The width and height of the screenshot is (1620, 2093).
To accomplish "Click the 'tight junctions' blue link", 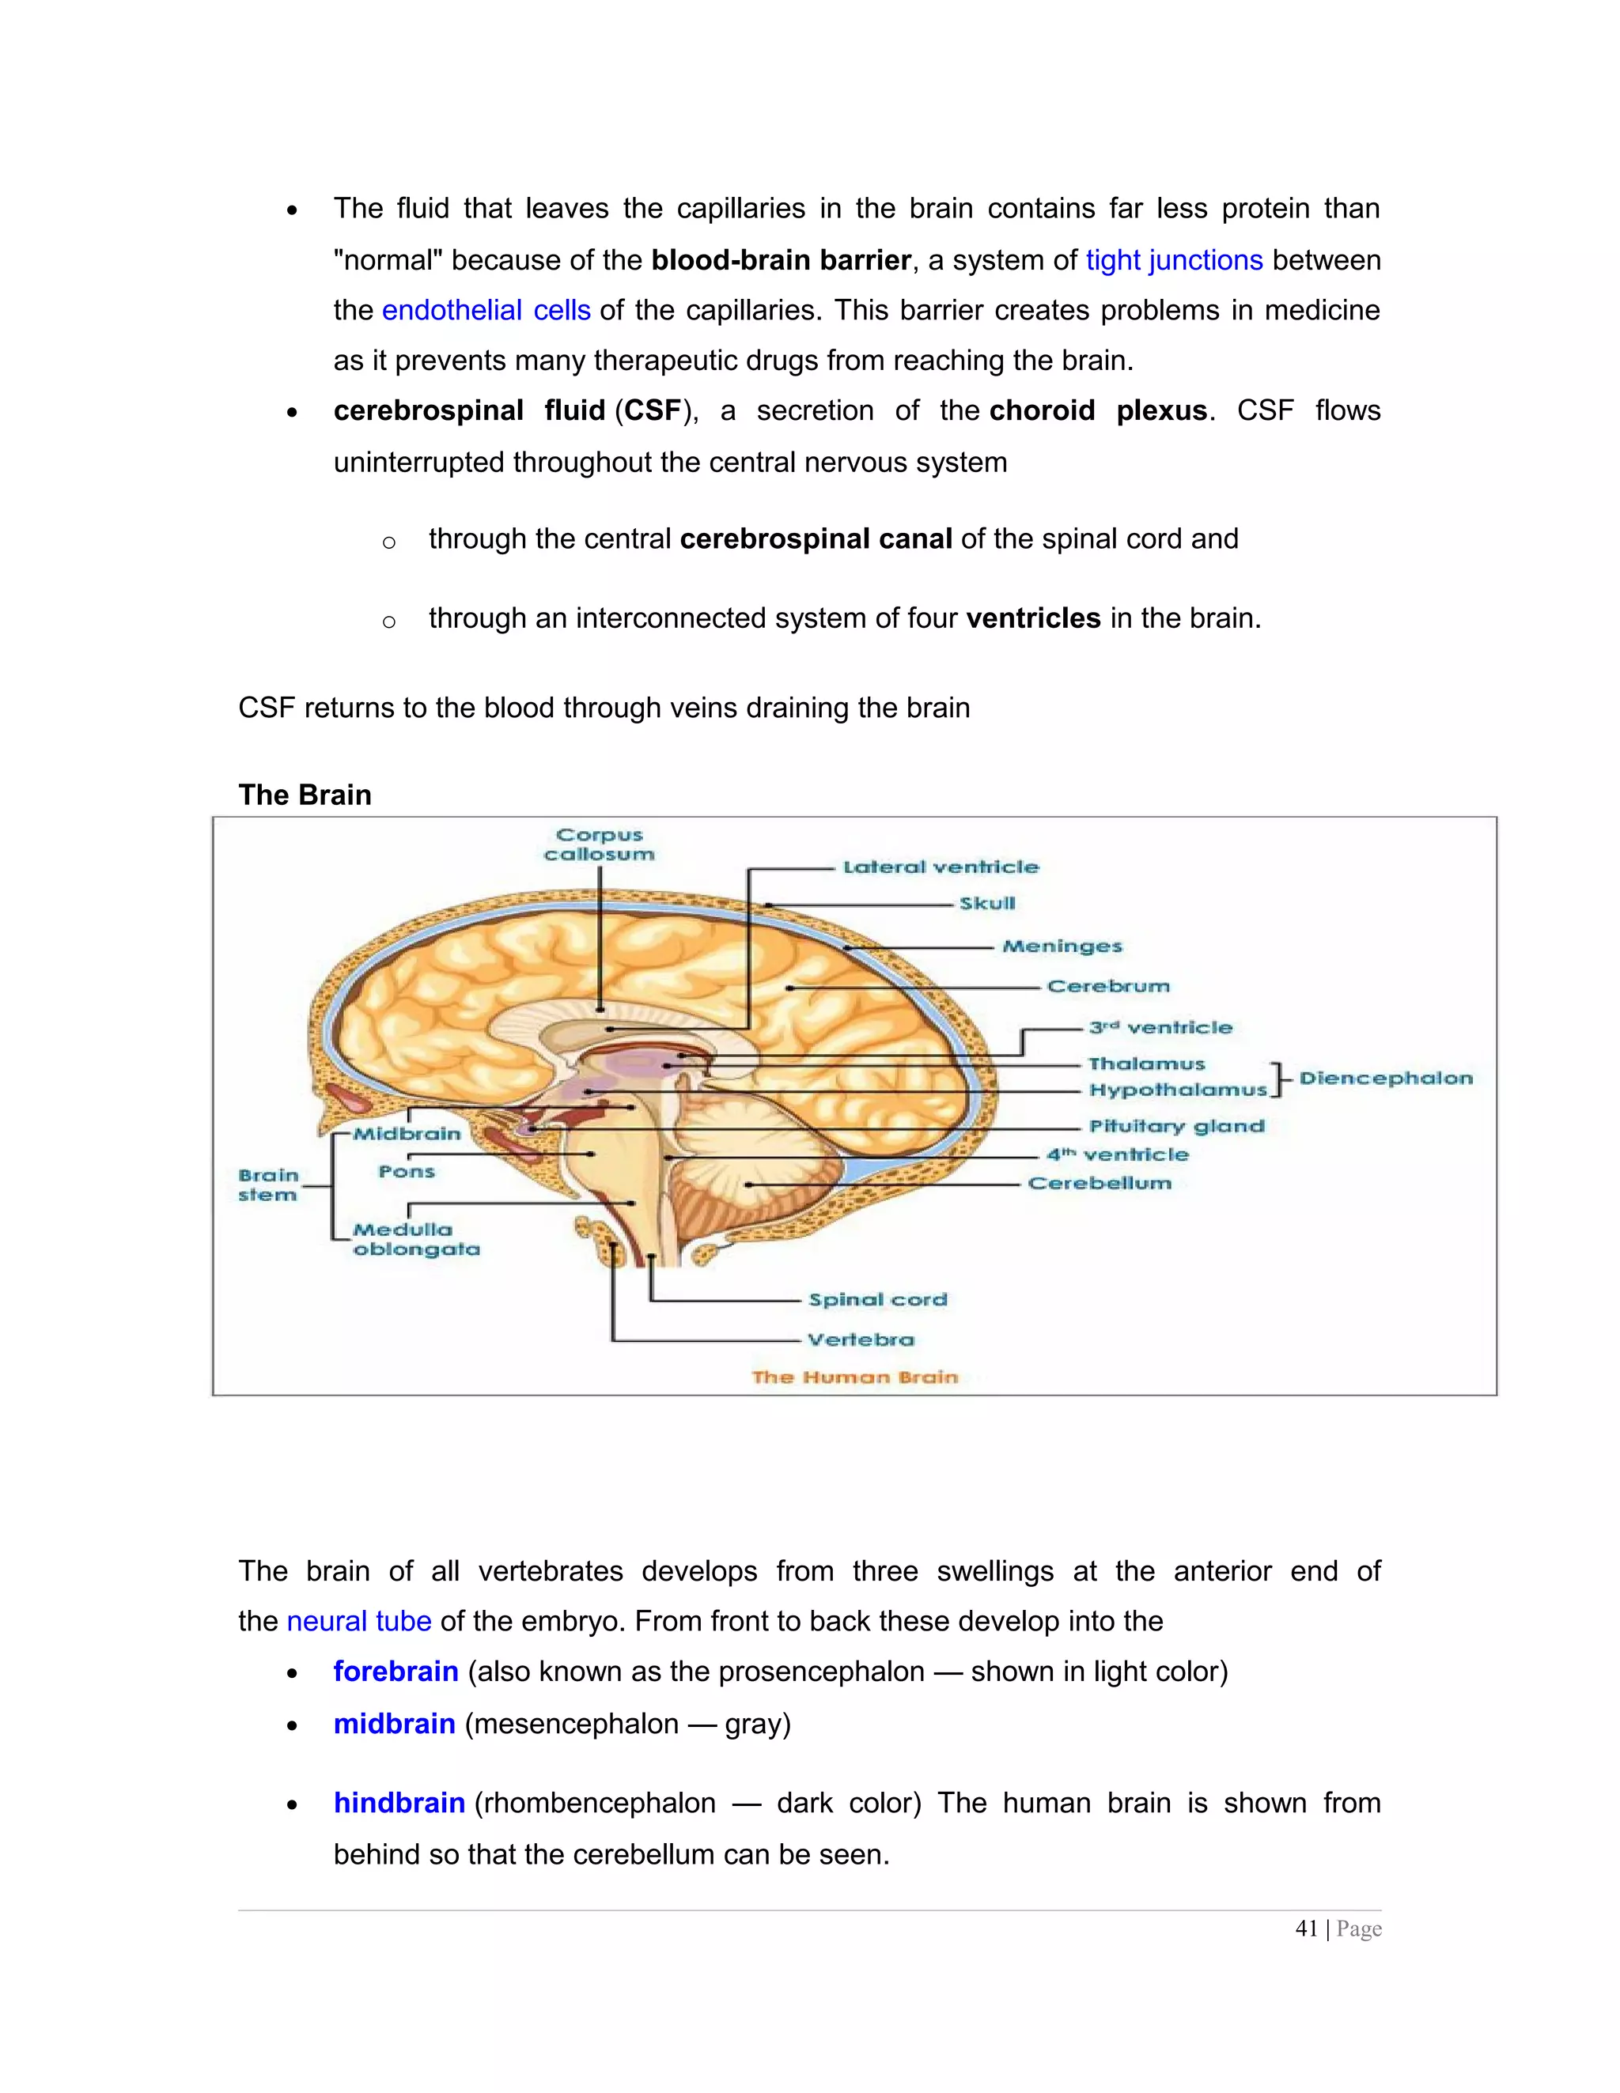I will (x=1173, y=261).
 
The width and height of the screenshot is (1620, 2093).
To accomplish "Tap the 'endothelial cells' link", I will (x=486, y=311).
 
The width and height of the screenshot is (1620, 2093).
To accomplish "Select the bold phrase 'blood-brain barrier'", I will (x=780, y=261).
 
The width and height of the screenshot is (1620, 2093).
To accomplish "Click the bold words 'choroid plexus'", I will (x=1098, y=411).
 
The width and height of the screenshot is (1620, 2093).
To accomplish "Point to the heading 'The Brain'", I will (x=305, y=795).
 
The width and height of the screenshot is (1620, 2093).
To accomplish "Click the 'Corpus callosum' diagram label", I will (x=599, y=844).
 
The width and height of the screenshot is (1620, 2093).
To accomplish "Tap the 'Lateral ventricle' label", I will (x=941, y=867).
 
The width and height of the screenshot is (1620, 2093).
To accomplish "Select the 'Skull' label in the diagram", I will (x=987, y=904).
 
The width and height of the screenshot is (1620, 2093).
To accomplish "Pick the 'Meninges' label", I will (x=1062, y=946).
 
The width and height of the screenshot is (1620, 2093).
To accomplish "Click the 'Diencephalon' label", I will (x=1385, y=1078).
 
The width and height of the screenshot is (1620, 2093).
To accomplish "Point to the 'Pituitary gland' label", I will (x=1176, y=1126).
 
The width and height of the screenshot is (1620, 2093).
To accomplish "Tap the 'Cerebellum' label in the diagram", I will (x=1100, y=1184).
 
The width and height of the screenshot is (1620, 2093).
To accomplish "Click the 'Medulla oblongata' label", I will (x=415, y=1239).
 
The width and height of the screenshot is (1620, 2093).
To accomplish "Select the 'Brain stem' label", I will (x=268, y=1184).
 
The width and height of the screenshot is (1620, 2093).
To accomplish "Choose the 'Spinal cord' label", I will (x=877, y=1299).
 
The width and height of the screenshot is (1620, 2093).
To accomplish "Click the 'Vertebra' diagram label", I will (x=861, y=1339).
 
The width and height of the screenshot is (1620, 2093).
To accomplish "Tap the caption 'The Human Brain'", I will (x=854, y=1377).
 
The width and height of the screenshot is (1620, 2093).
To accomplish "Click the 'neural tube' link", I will (x=358, y=1622).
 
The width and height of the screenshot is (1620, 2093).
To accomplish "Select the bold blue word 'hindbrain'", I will (x=399, y=1803).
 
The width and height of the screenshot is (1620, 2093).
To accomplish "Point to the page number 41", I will (x=1306, y=1929).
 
